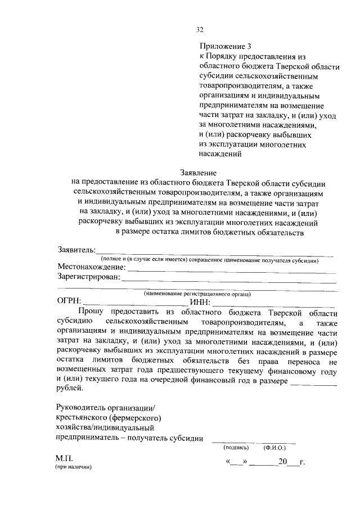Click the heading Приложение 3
click(x=224, y=46)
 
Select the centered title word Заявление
click(x=199, y=173)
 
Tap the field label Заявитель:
click(x=76, y=250)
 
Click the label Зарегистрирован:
click(x=89, y=277)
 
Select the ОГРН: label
click(x=69, y=302)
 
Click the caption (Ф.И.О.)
click(x=274, y=448)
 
